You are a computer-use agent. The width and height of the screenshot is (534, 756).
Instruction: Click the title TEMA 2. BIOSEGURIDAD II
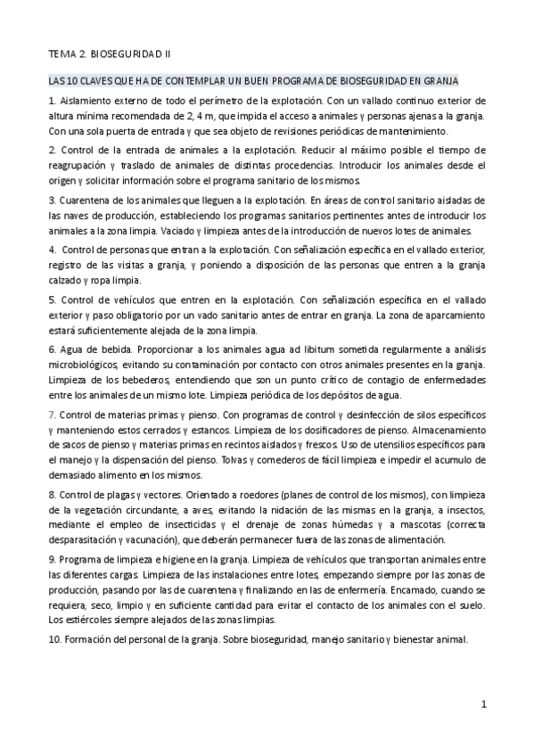pyautogui.click(x=103, y=53)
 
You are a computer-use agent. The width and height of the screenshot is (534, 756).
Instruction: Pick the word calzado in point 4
pyautogui.click(x=66, y=279)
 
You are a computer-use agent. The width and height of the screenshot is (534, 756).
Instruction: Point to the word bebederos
pyautogui.click(x=137, y=378)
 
